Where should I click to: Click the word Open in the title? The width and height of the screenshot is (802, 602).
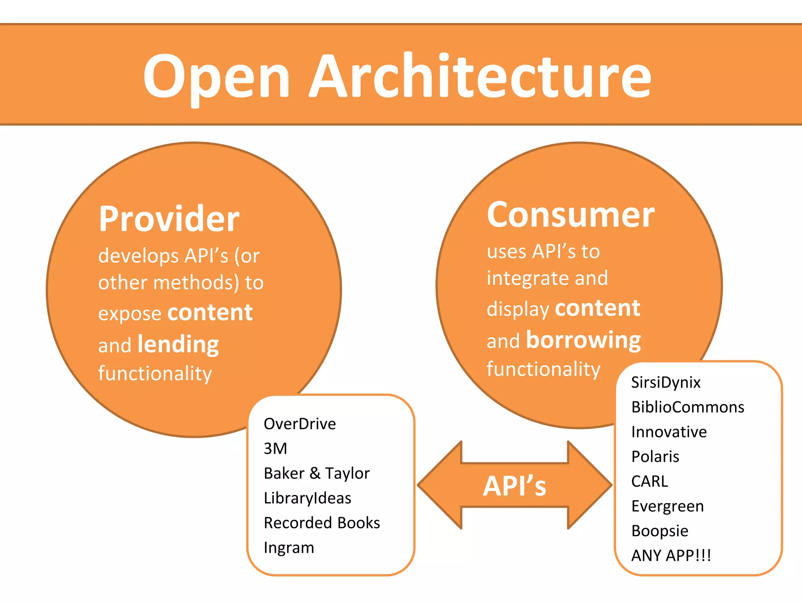coord(216,76)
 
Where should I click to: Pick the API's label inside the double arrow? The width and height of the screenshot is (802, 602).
coord(515,486)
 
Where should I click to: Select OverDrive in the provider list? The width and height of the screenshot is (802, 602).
coord(300,424)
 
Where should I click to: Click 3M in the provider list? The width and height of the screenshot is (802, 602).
coord(275,449)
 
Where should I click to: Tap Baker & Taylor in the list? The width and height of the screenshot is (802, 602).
coord(316,473)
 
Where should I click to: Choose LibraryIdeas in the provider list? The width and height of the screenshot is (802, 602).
coord(307,498)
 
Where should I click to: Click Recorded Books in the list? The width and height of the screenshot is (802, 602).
coord(322,523)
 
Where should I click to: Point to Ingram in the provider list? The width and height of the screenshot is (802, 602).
coord(289,548)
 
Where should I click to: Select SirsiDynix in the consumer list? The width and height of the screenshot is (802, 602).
coord(666,383)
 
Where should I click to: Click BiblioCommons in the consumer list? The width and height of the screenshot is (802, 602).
coord(688,407)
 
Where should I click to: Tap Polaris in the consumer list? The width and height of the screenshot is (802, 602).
coord(655,457)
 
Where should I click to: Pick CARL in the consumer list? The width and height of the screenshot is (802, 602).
coord(650,481)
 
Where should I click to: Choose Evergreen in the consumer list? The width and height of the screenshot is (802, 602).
coord(667,506)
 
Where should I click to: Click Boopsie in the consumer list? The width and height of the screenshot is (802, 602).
coord(660,531)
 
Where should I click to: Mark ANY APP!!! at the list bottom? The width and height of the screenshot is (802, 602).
coord(671,555)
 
